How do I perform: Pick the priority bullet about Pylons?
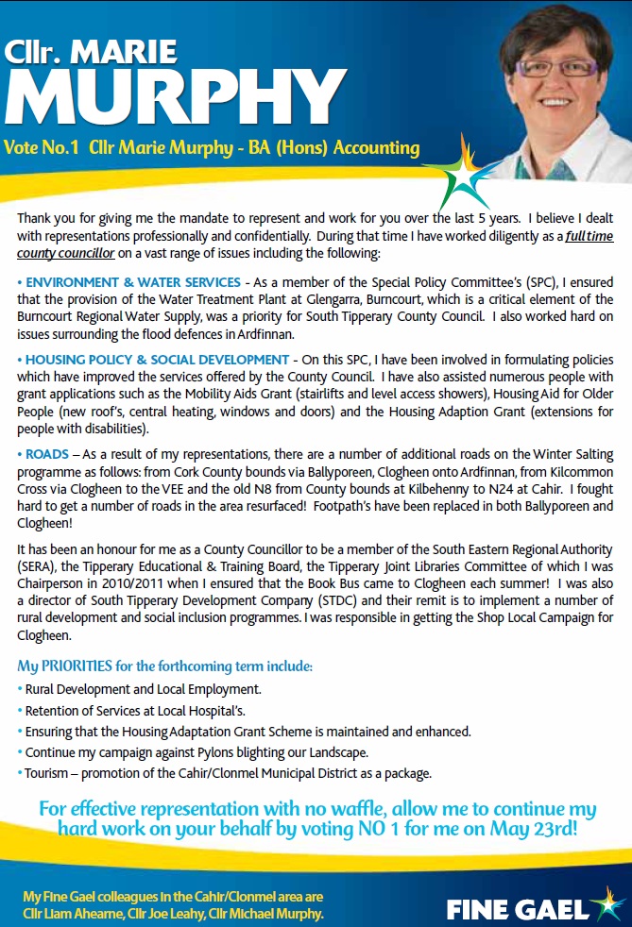click(x=196, y=752)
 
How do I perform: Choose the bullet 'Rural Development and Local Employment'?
click(x=143, y=689)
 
